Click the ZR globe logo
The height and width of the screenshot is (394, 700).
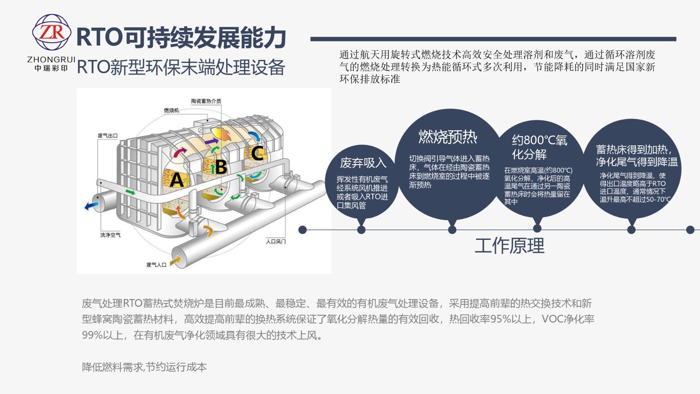52,32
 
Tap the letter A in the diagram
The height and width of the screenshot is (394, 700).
176,180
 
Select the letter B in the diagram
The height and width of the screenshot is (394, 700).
221,167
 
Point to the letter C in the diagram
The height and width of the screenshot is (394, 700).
257,153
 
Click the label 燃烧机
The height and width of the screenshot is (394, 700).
171,110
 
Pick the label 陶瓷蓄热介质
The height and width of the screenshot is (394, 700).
206,101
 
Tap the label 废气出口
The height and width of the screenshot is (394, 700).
108,135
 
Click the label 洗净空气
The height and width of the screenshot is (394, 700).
110,235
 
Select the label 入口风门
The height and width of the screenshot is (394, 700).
276,241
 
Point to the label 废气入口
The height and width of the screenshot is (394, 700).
156,265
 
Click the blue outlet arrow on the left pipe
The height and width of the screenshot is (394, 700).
91,205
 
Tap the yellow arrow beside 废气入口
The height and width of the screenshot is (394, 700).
175,260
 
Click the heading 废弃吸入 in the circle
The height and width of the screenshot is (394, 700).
363,163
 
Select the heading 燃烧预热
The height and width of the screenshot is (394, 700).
448,137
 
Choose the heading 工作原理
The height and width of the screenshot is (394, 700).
509,246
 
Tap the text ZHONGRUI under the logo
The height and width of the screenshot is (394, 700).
51,60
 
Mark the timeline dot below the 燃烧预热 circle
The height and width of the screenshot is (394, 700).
452,230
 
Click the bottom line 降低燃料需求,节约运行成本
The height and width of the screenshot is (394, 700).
144,367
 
